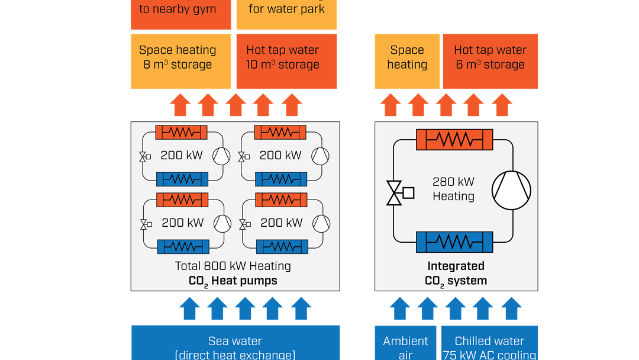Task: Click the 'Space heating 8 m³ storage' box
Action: (x=180, y=61)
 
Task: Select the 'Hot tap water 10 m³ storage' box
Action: (x=286, y=61)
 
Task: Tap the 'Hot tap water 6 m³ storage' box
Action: (x=490, y=61)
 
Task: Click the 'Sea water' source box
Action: (x=235, y=343)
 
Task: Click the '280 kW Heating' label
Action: (x=453, y=189)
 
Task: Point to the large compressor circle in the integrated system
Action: (x=512, y=191)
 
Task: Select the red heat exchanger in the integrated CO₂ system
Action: (x=455, y=140)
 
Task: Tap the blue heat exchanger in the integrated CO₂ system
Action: (x=455, y=243)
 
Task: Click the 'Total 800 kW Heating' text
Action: (x=233, y=266)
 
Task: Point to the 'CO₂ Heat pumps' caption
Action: (x=233, y=281)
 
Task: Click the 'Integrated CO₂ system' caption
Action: (x=456, y=274)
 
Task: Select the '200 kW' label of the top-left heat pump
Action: (x=182, y=156)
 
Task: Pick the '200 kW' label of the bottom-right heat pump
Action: (x=281, y=223)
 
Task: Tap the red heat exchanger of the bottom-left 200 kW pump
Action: (x=182, y=200)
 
